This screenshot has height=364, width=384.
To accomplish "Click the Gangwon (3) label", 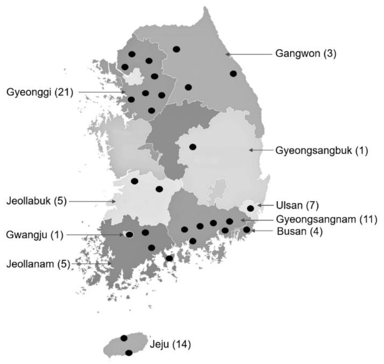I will pyautogui.click(x=306, y=54).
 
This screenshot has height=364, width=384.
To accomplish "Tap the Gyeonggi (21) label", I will pyautogui.click(x=40, y=92).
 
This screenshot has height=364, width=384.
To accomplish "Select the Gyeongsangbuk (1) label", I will pyautogui.click(x=321, y=151).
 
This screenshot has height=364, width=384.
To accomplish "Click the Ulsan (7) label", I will pyautogui.click(x=297, y=206).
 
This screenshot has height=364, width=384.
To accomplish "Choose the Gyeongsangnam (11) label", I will pyautogui.click(x=327, y=219).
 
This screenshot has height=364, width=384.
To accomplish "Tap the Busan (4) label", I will pyautogui.click(x=300, y=231).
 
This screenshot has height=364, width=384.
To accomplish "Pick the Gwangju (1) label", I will pyautogui.click(x=35, y=235).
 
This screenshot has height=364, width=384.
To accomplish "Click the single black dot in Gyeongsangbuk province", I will pyautogui.click(x=192, y=147).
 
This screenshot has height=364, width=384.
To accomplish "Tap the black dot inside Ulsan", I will pyautogui.click(x=251, y=208).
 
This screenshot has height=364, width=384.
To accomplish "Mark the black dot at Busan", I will pyautogui.click(x=247, y=229).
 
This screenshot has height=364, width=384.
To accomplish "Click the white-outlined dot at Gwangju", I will pyautogui.click(x=129, y=235).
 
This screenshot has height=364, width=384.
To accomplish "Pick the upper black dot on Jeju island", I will pyautogui.click(x=124, y=338).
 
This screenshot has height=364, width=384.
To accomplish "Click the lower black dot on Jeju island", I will pyautogui.click(x=129, y=353).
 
